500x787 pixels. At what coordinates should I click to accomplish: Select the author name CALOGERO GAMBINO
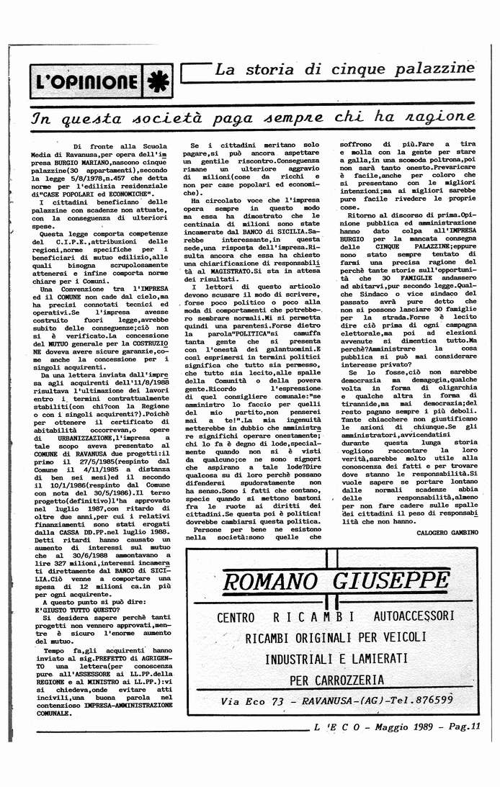(x=446, y=531)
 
